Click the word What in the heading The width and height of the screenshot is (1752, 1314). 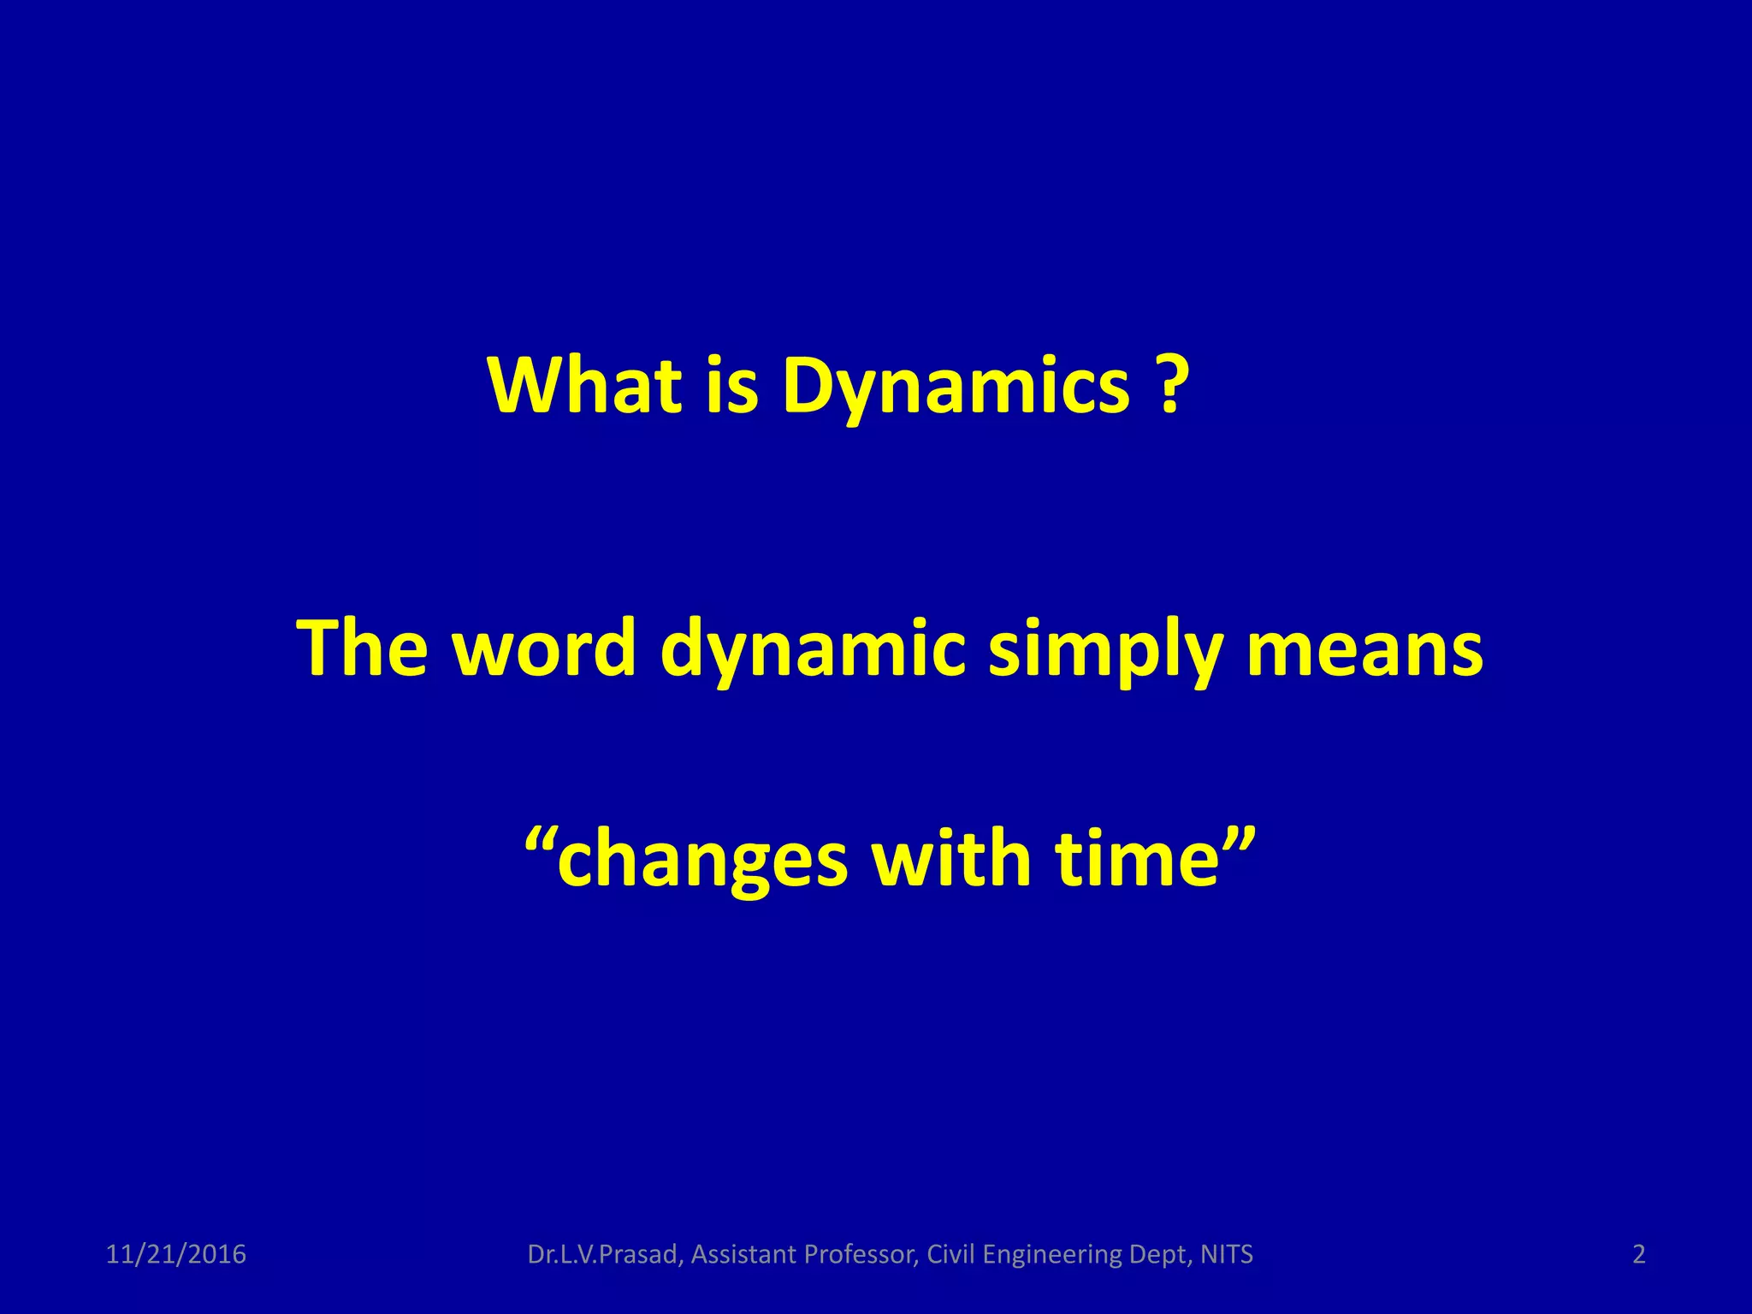click(585, 385)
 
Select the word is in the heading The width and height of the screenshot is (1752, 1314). click(732, 385)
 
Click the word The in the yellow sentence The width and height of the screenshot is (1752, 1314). click(362, 648)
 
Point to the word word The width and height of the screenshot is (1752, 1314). click(544, 648)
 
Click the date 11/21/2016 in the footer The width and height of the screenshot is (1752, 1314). click(175, 1254)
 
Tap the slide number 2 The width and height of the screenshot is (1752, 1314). click(1639, 1254)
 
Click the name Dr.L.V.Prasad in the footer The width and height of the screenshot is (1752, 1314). click(606, 1254)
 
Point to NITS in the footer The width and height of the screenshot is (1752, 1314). click(1227, 1254)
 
